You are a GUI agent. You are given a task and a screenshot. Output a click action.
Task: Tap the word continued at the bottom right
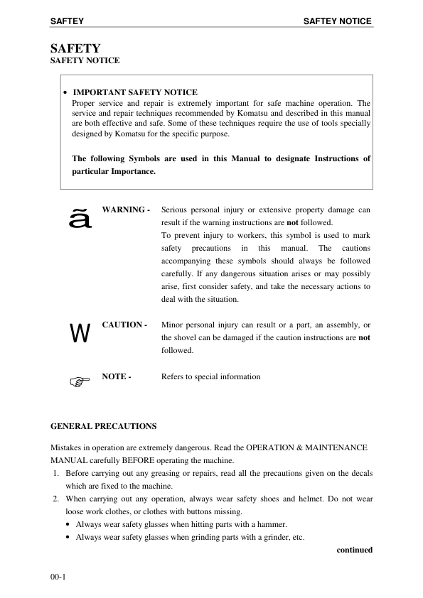354,550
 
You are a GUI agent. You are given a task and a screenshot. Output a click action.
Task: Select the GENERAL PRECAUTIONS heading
103,426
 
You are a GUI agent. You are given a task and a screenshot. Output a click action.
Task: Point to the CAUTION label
124,325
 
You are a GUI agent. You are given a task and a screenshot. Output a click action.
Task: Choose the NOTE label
116,376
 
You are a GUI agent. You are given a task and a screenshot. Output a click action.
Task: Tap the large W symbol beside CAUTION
80,333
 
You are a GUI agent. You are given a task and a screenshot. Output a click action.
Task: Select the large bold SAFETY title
75,48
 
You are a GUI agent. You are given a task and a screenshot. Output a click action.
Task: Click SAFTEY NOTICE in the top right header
337,21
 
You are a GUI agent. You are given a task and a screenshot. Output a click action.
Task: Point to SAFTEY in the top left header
68,21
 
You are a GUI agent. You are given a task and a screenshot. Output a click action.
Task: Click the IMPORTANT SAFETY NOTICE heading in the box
135,92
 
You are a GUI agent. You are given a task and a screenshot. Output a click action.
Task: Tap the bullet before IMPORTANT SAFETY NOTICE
65,93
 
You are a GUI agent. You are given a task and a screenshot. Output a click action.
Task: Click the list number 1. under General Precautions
57,473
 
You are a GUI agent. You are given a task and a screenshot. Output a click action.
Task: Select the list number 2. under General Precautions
57,499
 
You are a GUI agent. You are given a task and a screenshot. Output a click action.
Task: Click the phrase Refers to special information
210,376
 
